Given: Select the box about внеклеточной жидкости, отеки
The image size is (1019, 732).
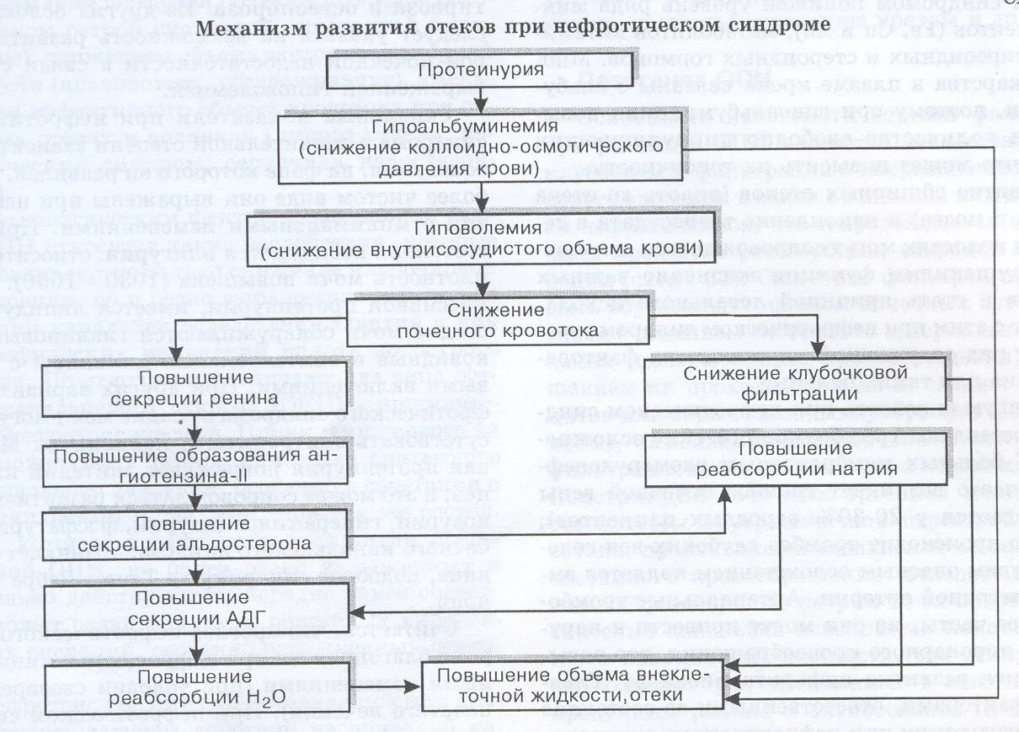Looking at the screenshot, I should (573, 686).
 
